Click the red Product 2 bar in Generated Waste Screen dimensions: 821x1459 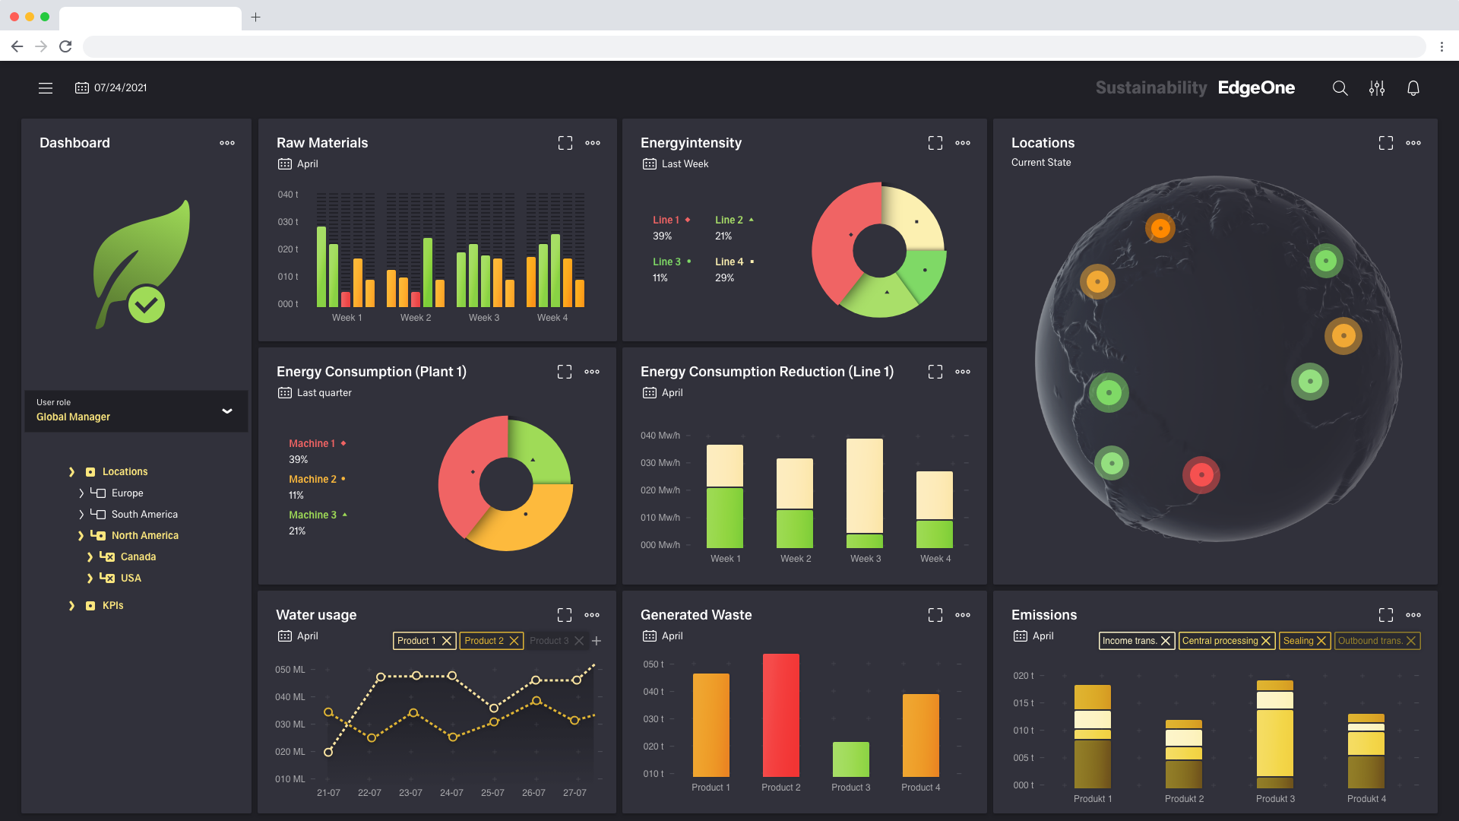click(780, 715)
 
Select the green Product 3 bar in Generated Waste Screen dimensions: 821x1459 click(850, 759)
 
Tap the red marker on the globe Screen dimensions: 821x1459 click(1201, 475)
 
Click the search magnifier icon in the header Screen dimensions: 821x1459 click(1340, 88)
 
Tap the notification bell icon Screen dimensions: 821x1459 click(1413, 88)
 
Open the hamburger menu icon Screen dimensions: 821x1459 click(46, 88)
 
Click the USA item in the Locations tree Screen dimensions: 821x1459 click(131, 579)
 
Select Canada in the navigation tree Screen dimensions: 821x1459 click(138, 557)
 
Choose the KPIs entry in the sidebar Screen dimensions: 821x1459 click(112, 606)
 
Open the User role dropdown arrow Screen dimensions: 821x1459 click(226, 411)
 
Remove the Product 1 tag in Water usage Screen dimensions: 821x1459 click(447, 641)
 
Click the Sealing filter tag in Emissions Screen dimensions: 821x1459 click(1298, 641)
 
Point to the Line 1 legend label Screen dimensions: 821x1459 click(666, 220)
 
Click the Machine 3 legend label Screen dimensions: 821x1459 click(312, 515)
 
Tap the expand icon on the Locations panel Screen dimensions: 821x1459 click(1385, 143)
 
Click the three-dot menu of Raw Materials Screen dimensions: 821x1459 click(593, 143)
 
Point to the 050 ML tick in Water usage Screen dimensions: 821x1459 click(290, 670)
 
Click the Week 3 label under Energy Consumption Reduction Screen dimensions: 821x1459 click(866, 559)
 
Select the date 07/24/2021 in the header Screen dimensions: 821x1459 click(120, 88)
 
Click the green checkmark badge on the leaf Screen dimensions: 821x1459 click(146, 305)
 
